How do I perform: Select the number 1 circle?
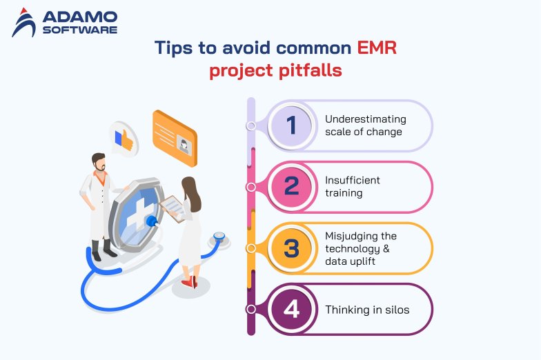coord(291,126)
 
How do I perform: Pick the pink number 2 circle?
coord(291,186)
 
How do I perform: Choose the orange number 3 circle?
coord(291,248)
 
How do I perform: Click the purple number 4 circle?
coord(291,309)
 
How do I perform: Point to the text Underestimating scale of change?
coord(366,126)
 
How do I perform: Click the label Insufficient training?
coord(353,186)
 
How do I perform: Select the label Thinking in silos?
coord(367,310)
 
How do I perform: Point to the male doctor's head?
coord(99,163)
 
